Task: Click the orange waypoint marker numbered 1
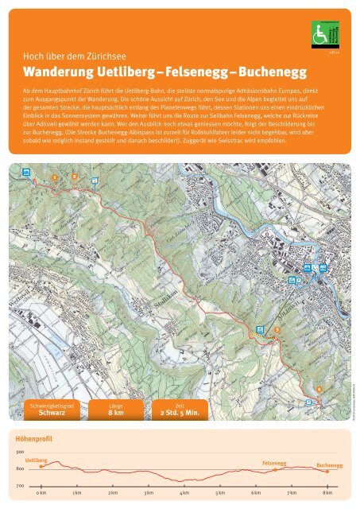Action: point(54,177)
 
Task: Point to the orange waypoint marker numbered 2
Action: point(74,176)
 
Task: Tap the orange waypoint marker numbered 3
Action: point(277,328)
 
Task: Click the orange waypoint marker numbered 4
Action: point(319,389)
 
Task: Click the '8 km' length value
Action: point(116,413)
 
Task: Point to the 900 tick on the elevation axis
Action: point(19,452)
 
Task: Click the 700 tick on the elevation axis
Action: point(19,485)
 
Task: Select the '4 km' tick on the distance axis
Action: point(184,494)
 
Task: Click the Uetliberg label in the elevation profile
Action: point(37,460)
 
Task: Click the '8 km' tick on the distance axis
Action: point(327,494)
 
